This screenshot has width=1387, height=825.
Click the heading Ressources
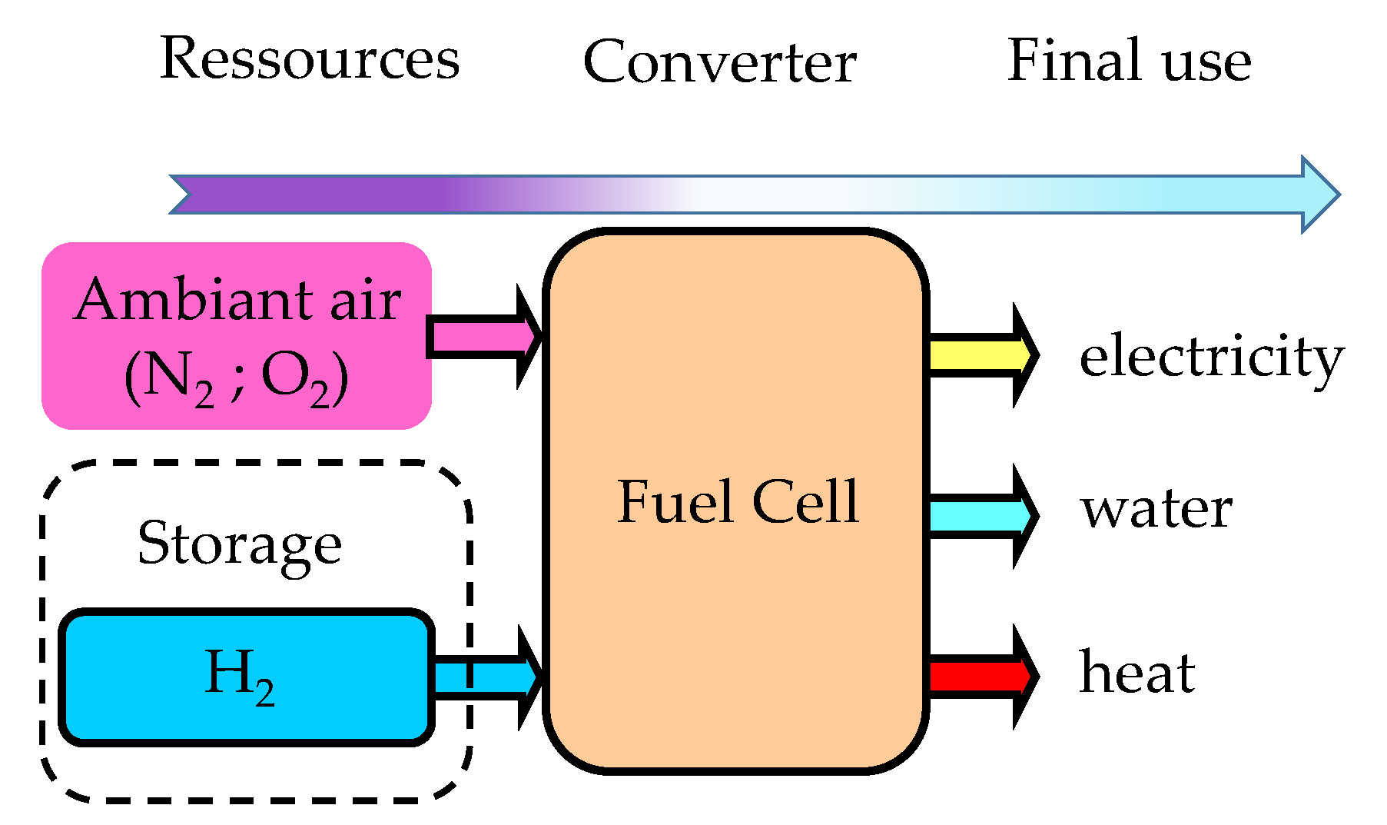[309, 59]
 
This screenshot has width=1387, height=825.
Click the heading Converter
[719, 62]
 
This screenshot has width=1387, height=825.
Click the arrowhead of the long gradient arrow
[1320, 195]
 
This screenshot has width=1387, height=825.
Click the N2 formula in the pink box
[169, 378]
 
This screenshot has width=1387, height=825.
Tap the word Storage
[239, 544]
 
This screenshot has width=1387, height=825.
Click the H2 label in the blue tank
[239, 675]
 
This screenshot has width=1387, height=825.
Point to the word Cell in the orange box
[805, 502]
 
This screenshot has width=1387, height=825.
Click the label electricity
[1211, 358]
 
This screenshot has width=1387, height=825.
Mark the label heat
[1136, 673]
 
